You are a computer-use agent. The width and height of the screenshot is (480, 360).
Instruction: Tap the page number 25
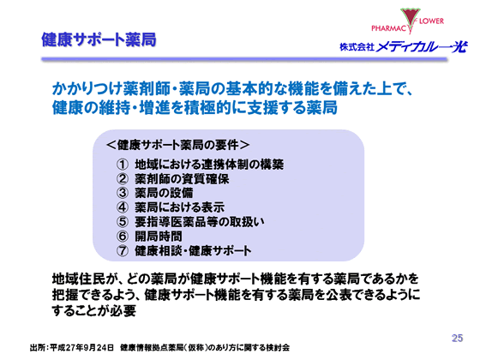tap(456, 336)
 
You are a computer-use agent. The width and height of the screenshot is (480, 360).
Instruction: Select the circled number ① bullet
tap(122, 163)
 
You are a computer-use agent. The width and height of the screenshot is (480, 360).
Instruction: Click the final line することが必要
tap(94, 310)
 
